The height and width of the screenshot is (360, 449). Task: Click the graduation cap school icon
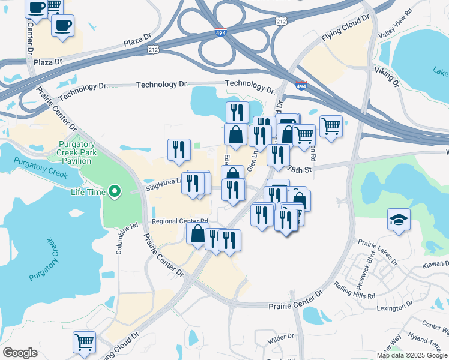(x=399, y=220)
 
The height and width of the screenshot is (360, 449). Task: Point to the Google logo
(x=20, y=353)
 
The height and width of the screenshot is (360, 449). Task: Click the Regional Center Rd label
(x=179, y=221)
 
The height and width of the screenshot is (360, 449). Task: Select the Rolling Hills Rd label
(x=355, y=291)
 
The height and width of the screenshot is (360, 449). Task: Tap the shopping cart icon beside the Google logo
(x=84, y=343)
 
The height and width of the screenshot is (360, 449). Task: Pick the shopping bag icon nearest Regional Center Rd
(x=197, y=234)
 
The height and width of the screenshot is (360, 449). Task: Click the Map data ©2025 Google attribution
(x=412, y=355)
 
